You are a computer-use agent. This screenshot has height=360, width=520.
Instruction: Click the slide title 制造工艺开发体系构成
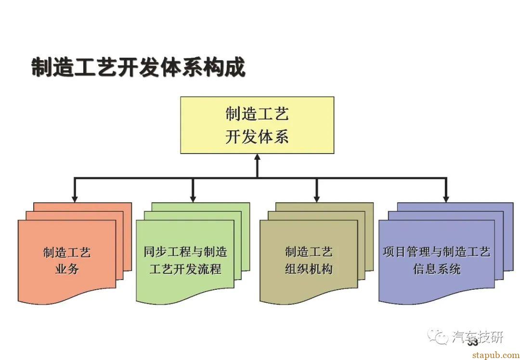138,67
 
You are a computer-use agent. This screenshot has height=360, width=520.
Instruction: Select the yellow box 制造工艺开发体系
257,125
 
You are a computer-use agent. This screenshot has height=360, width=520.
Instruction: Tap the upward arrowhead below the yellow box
257,157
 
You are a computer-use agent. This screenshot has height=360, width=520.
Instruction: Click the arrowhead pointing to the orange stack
74,198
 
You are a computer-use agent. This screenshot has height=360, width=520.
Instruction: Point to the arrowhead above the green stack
193,198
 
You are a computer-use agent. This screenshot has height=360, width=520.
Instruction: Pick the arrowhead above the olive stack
316,198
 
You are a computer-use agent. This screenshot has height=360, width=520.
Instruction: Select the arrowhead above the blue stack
446,198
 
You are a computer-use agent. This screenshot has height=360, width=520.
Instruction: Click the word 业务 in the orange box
67,269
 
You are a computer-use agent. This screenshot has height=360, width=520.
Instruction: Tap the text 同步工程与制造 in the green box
185,252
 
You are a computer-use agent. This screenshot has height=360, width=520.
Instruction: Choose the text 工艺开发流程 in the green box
185,269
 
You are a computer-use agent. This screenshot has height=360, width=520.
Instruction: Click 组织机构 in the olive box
309,269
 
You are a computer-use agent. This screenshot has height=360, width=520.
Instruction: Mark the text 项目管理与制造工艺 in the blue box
437,252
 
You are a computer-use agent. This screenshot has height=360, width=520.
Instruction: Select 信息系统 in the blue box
437,269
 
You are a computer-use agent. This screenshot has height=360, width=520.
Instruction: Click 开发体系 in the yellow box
257,137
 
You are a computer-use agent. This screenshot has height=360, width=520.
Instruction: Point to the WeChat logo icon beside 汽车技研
439,336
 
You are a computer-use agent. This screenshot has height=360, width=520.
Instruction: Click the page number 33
472,342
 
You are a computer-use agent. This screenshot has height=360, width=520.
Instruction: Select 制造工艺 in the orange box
67,252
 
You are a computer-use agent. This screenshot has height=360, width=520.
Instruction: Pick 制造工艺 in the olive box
309,252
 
